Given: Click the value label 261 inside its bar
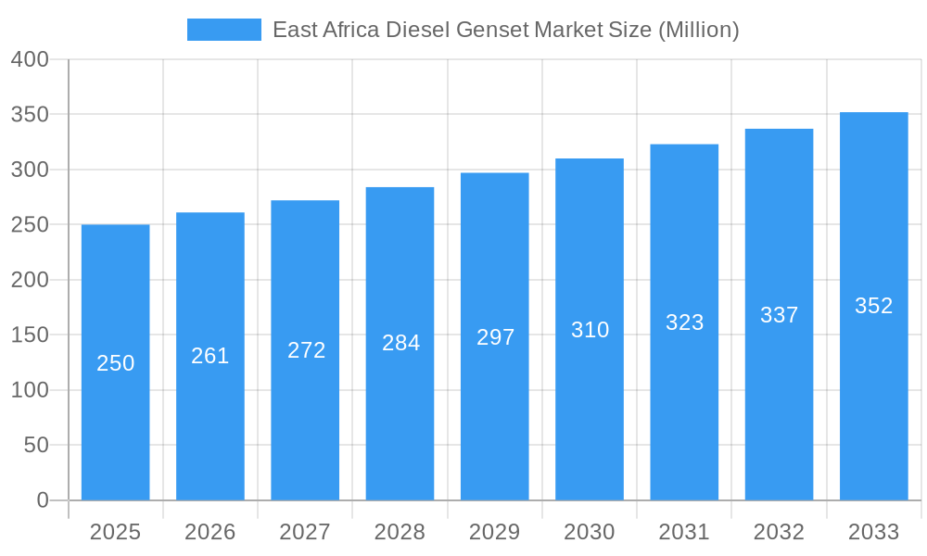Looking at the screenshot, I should pyautogui.click(x=210, y=356).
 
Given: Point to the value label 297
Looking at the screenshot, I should pyautogui.click(x=495, y=337).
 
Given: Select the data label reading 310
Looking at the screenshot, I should pyautogui.click(x=590, y=330).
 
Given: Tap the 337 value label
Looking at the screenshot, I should pyautogui.click(x=779, y=315).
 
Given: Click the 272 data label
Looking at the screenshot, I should pyautogui.click(x=306, y=350).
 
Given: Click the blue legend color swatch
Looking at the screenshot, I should pyautogui.click(x=224, y=30).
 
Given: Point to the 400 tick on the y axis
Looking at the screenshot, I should pyautogui.click(x=30, y=59).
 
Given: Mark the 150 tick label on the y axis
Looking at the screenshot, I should pyautogui.click(x=30, y=335).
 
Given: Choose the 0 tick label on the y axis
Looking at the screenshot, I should pyautogui.click(x=43, y=500).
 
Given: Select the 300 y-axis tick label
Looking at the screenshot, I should pyautogui.click(x=30, y=170).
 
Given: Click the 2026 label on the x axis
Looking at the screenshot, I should pyautogui.click(x=210, y=532).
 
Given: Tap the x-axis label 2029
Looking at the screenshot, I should pyautogui.click(x=495, y=532).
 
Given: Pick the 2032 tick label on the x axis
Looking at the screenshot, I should pyautogui.click(x=779, y=532).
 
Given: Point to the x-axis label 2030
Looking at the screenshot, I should pyautogui.click(x=590, y=532).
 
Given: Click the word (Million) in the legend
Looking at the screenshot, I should pyautogui.click(x=698, y=30).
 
